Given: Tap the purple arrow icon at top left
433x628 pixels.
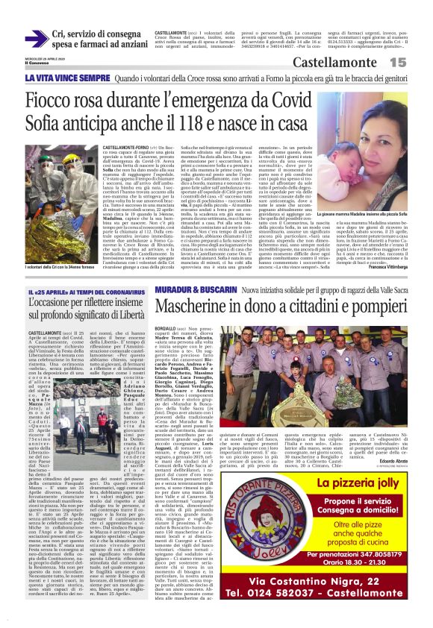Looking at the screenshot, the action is tap(34, 38).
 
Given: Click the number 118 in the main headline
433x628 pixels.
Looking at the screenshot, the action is tap(219, 123).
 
